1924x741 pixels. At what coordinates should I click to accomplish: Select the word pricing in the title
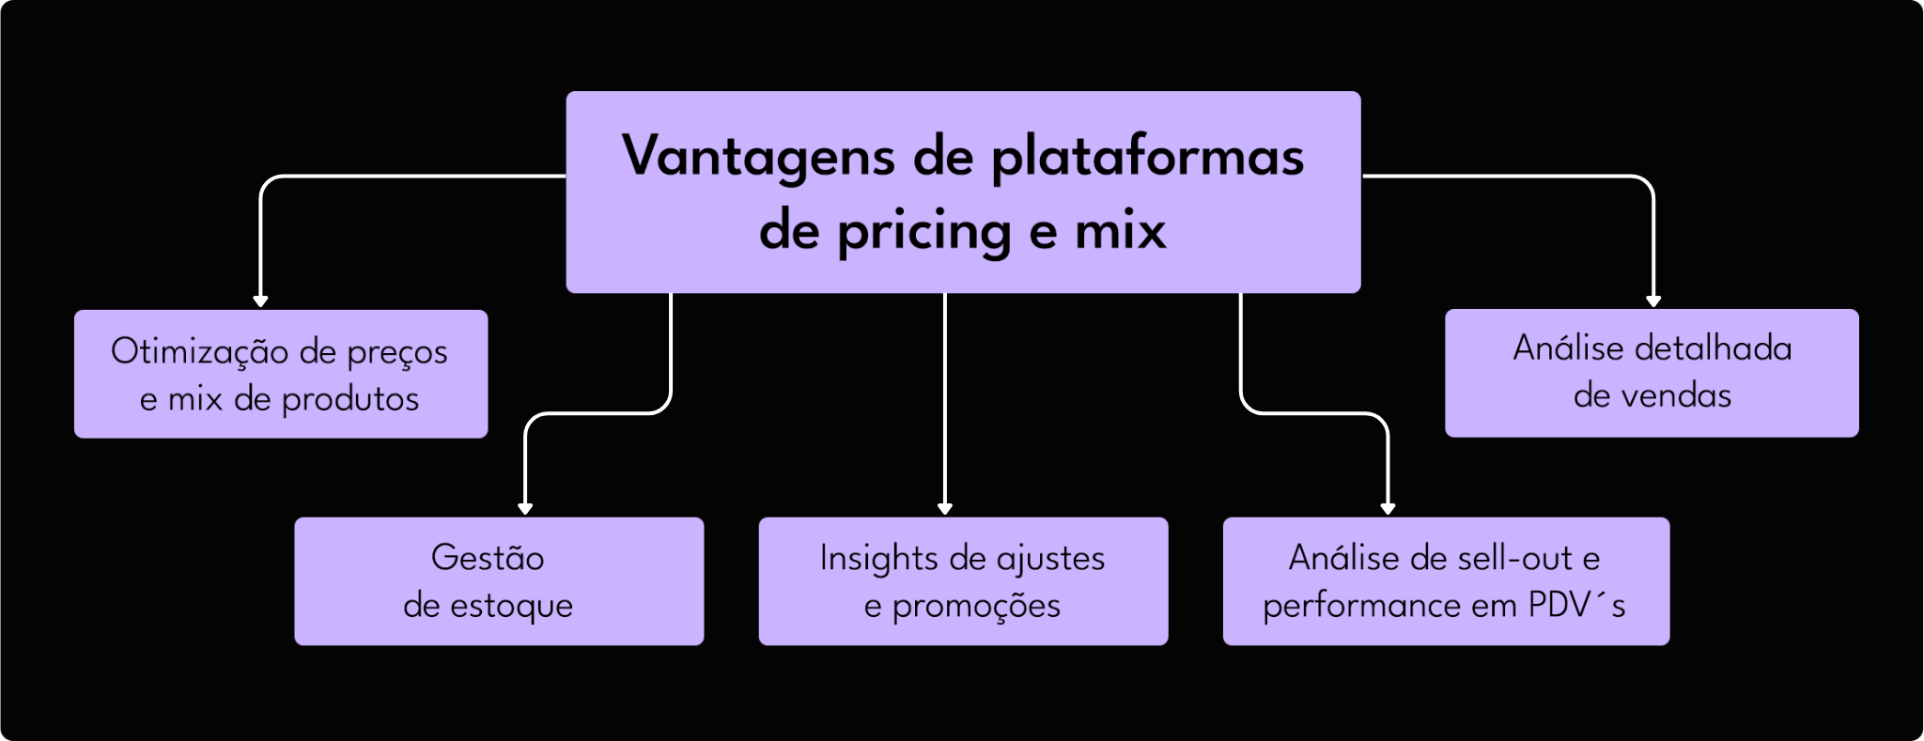point(923,231)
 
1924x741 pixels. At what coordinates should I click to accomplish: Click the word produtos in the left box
point(350,399)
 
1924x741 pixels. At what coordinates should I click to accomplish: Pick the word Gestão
point(488,558)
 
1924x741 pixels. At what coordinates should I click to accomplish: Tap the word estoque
point(512,606)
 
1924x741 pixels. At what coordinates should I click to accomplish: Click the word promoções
point(976,606)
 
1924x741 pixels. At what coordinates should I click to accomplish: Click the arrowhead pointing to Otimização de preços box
point(261,301)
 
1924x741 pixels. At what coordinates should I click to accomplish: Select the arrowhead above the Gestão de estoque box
point(525,508)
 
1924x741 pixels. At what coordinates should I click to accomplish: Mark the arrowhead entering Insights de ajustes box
point(945,508)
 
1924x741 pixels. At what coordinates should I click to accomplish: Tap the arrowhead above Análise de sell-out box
point(1388,508)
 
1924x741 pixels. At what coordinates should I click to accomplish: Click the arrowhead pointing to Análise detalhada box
point(1653,301)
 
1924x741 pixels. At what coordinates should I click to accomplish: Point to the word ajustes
point(1050,559)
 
